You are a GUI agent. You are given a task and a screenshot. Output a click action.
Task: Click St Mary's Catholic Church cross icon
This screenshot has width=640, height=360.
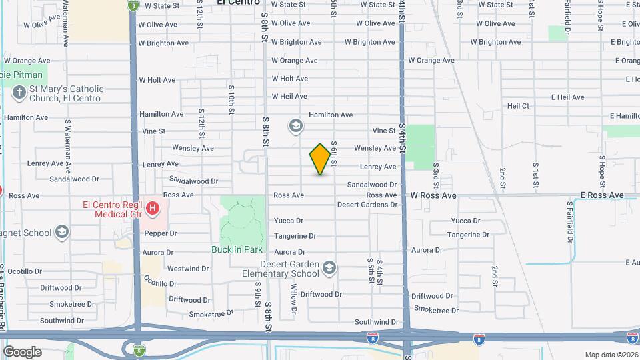point(20,93)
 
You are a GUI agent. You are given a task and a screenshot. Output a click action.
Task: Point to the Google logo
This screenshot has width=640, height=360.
point(22,351)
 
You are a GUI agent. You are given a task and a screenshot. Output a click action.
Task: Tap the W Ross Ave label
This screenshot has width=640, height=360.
point(433,196)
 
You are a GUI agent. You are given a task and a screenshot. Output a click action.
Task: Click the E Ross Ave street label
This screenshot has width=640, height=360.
point(601,195)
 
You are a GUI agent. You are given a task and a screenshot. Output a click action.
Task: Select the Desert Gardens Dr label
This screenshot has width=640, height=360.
point(367,205)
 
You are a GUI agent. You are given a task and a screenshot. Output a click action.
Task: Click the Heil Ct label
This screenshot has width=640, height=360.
point(518,106)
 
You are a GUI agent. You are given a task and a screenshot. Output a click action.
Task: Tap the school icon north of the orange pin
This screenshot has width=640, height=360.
point(295,125)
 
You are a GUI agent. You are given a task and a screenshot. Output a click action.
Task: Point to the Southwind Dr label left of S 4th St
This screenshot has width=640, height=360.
point(376,322)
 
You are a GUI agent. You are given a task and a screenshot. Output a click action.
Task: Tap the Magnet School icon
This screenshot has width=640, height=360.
point(63,232)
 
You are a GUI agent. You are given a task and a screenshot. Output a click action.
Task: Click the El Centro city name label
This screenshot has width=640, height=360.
point(233,3)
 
